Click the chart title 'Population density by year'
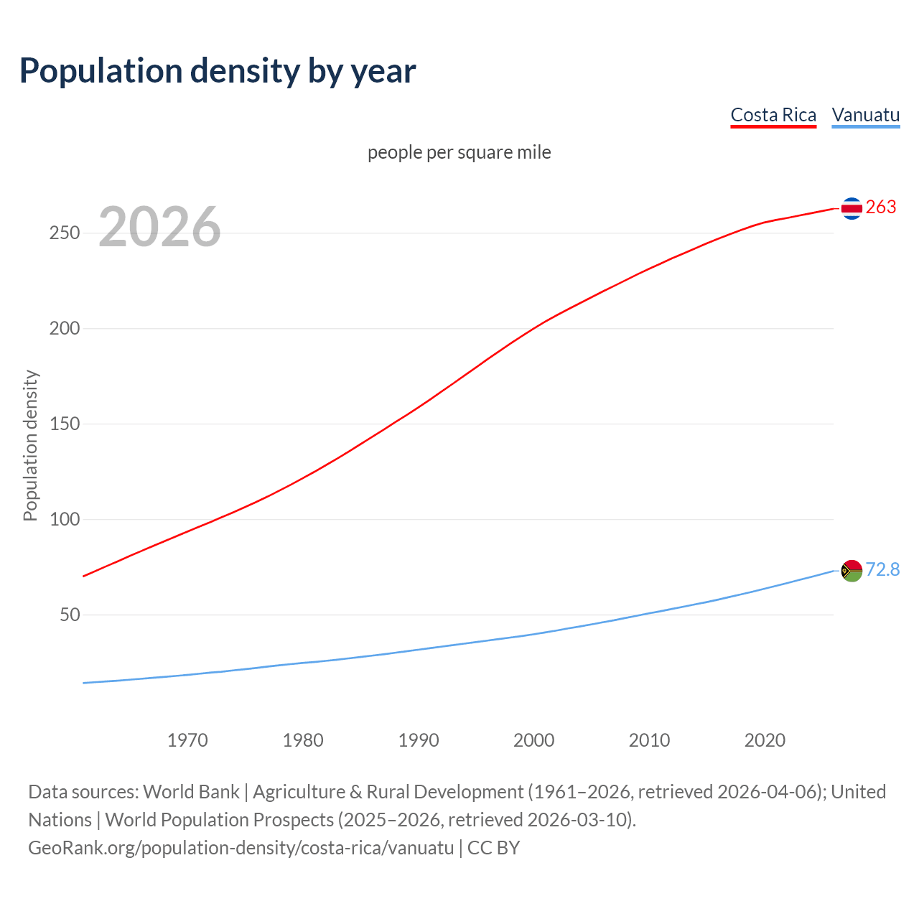coord(218,71)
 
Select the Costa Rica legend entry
coord(773,115)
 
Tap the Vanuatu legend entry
coord(865,115)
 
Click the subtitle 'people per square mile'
coord(459,152)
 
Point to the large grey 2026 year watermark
coord(159,227)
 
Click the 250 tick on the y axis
coord(65,233)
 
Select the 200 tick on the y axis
coord(65,329)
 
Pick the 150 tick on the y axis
coord(65,424)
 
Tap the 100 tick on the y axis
coord(65,519)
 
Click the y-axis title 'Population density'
coord(30,445)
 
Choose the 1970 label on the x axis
coord(187,740)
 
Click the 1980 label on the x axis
coord(303,740)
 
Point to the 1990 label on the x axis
coord(419,740)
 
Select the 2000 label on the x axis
coord(534,740)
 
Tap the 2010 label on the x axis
coord(649,740)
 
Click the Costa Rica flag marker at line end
coord(852,208)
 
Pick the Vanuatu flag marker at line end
coord(852,571)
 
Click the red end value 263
coord(881,207)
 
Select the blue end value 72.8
coord(882,569)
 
